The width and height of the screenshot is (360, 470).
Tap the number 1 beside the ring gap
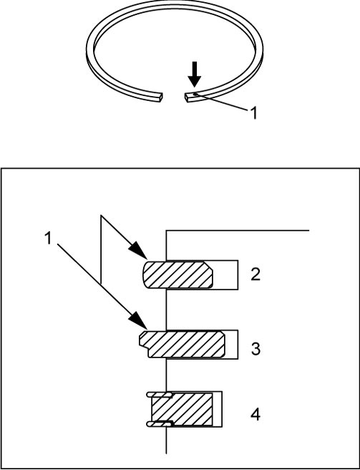pos(253,113)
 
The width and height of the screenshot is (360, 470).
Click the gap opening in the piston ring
pos(173,97)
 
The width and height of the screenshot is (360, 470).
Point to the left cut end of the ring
pos(160,97)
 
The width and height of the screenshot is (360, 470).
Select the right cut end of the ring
pos(188,97)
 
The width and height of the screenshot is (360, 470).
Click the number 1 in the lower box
pos(48,239)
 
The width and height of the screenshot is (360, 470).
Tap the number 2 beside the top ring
pos(256,275)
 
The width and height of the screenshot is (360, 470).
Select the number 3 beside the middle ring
pos(256,349)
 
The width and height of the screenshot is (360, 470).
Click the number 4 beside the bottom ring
pos(256,415)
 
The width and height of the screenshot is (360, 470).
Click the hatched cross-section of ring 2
pos(177,275)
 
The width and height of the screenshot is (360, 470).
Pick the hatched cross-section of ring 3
pos(182,344)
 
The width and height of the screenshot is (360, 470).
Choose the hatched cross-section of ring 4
pos(182,409)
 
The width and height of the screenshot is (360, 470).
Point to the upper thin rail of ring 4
pos(159,395)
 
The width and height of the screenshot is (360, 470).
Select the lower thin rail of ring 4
pos(160,424)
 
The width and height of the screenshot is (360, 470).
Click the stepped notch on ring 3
pos(145,347)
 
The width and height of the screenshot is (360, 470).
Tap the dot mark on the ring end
pos(195,95)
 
